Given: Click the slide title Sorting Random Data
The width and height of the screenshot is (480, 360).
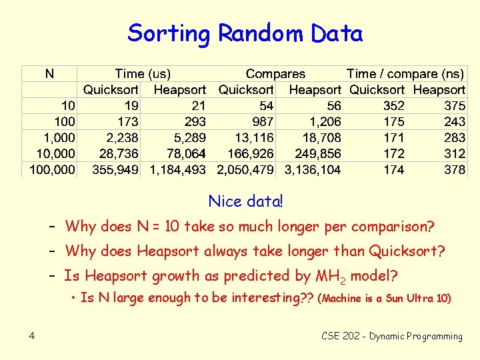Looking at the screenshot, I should click(245, 33).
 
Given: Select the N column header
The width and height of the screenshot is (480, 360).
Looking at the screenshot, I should click(50, 73).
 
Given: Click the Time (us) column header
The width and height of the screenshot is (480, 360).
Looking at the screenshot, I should click(143, 73).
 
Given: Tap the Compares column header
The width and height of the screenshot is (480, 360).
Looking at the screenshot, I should click(275, 73).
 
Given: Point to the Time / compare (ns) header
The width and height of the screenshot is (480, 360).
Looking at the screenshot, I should click(405, 73).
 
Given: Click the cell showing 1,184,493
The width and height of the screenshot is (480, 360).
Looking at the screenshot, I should click(177, 170).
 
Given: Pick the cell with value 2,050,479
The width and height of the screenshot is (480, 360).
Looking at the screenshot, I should click(245, 170).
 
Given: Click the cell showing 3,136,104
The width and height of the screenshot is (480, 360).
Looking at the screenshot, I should click(313, 170).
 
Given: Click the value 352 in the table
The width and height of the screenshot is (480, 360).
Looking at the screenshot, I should click(393, 105).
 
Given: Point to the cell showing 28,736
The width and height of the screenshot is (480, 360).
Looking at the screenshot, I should click(119, 154).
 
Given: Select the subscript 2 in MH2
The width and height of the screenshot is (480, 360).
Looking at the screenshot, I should click(343, 279).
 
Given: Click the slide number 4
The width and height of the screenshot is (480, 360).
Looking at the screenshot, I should click(32, 336).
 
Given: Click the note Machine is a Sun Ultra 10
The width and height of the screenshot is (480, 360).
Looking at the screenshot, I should click(385, 299).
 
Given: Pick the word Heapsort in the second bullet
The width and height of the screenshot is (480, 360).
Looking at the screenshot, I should click(165, 251).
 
